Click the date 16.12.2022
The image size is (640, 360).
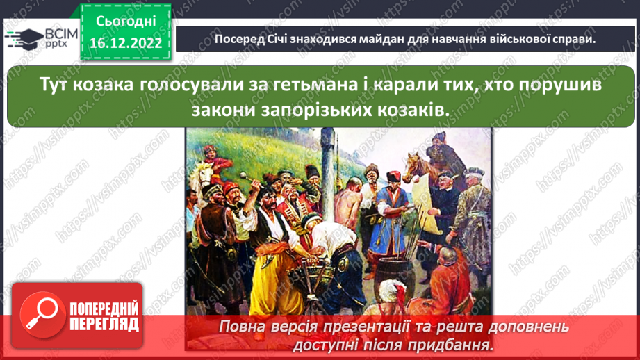click(125, 43)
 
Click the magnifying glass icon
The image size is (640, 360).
click(40, 315)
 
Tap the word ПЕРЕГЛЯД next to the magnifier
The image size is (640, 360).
click(104, 324)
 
